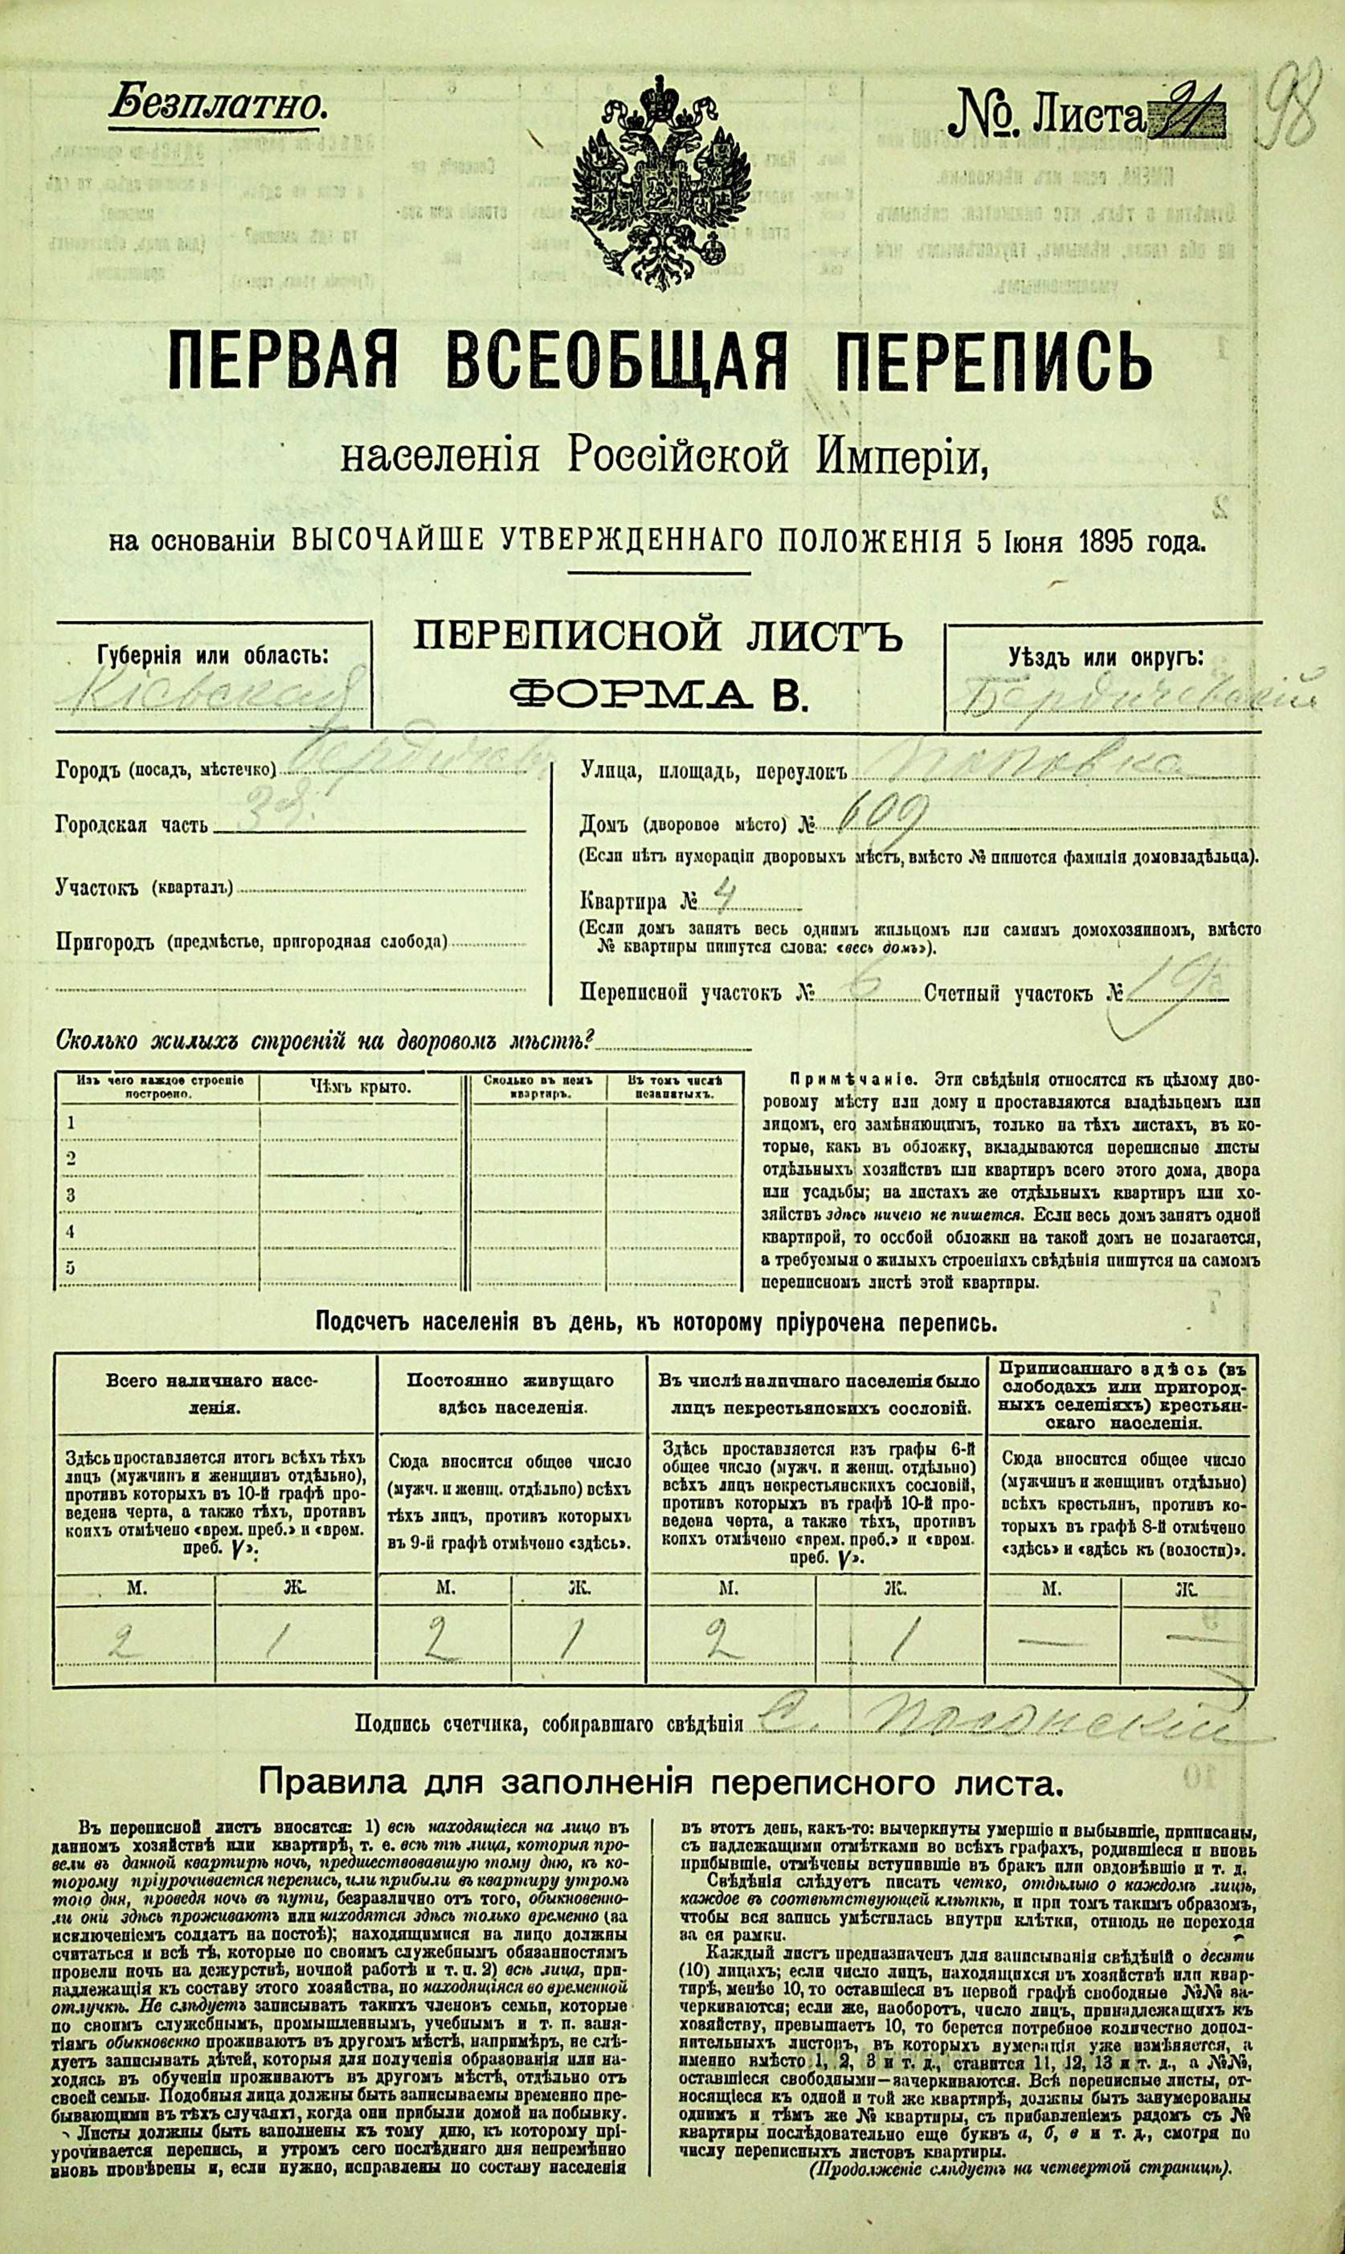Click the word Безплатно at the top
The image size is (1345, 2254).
(217, 107)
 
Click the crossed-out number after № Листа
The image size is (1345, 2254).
(1187, 118)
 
